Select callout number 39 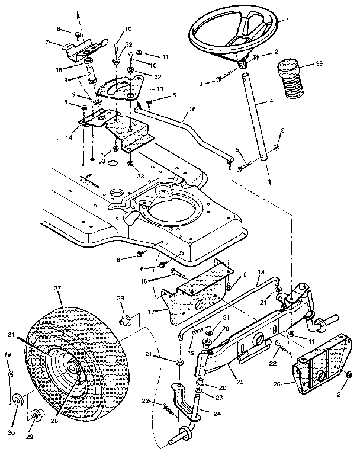[x=319, y=63]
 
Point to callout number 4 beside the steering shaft [x=271, y=101]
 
